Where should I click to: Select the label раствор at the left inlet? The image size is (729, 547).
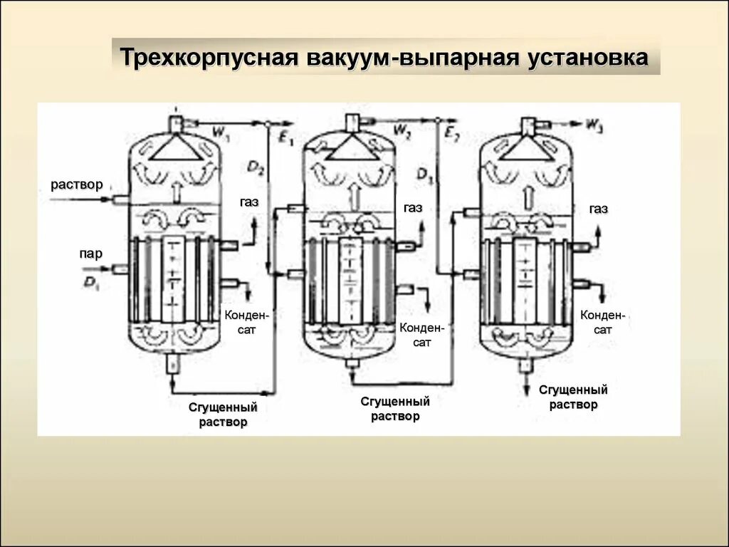tap(77, 184)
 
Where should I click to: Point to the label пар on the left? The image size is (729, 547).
tap(91, 253)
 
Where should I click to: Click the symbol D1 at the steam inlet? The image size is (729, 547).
tap(91, 282)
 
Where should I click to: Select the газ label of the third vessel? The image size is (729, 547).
tap(598, 209)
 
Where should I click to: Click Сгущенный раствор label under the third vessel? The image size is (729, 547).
tap(573, 397)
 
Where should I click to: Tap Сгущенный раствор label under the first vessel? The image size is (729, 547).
tap(223, 415)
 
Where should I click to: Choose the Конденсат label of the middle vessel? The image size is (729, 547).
tap(422, 335)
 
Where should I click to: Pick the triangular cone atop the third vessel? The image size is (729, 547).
tap(526, 148)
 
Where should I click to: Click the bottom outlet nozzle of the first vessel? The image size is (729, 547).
tap(172, 363)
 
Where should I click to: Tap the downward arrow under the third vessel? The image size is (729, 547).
tap(527, 383)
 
